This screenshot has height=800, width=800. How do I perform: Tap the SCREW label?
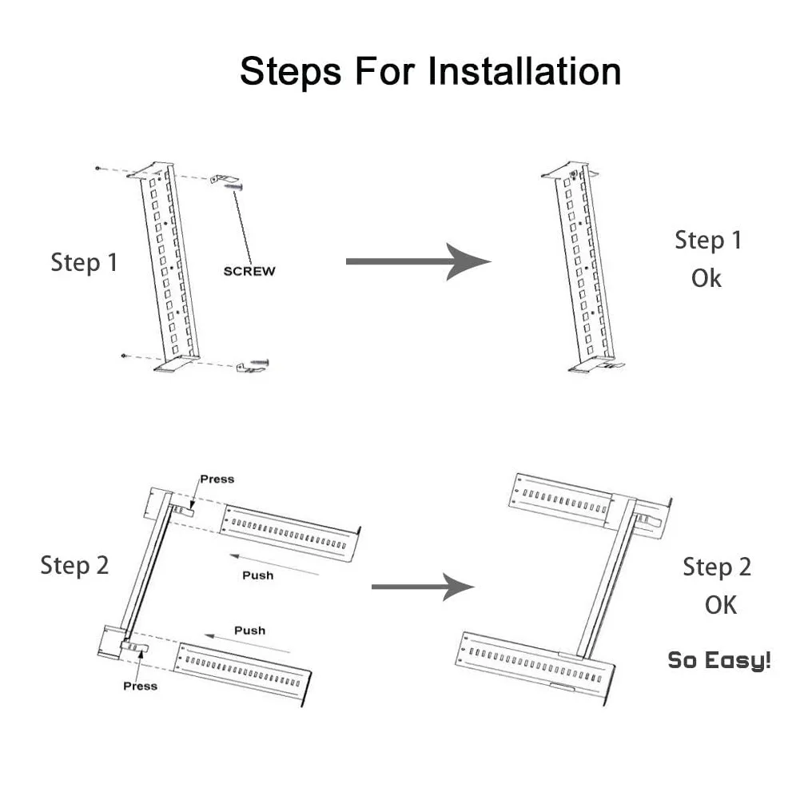coord(249,271)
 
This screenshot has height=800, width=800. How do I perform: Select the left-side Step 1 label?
coord(84,262)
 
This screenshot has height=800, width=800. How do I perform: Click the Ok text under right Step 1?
coord(706,279)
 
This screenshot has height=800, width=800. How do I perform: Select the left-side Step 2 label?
coord(74,565)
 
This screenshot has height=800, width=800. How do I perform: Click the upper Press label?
coord(217,479)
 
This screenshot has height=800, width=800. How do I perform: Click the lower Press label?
coord(140,686)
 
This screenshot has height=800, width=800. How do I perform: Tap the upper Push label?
coord(257,575)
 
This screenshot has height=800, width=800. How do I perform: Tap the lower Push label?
coord(249,631)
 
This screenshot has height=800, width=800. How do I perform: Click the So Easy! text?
coord(719,661)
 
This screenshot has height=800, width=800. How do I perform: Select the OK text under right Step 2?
coord(720,605)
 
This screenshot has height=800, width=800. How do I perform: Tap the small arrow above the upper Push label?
coord(272,561)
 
